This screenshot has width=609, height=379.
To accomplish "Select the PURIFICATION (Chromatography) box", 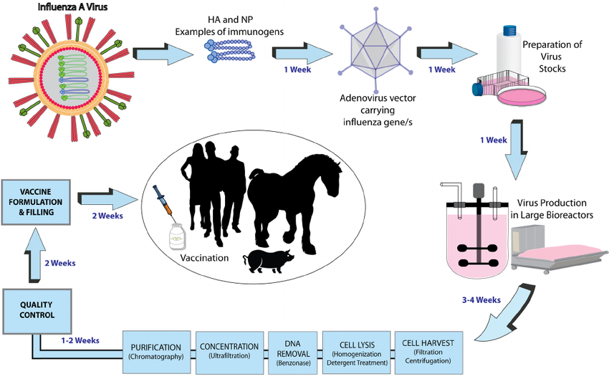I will [156, 347].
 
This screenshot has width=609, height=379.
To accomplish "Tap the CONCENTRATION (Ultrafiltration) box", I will [229, 347].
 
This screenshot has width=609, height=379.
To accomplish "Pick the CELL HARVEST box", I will [428, 347].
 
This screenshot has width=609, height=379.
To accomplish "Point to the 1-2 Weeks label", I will [80, 340].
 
